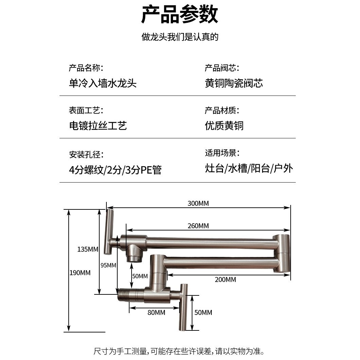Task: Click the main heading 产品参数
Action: (x=179, y=15)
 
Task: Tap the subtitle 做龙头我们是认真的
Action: (x=179, y=37)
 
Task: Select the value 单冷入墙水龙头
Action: (x=103, y=83)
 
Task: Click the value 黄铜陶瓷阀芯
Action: (x=234, y=83)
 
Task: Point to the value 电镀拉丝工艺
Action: (x=98, y=126)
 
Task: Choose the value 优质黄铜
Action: (x=224, y=126)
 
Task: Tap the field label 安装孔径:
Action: (x=86, y=155)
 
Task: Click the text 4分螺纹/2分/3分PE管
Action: (x=115, y=170)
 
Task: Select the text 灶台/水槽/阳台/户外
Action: (x=249, y=168)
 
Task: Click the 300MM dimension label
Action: (x=198, y=204)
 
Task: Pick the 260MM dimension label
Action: (x=198, y=226)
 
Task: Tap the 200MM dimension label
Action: (x=225, y=280)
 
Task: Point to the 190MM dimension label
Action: (x=80, y=273)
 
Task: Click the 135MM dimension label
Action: (x=88, y=249)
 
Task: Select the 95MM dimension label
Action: (x=108, y=265)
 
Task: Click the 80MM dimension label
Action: (x=156, y=312)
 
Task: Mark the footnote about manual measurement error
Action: (x=179, y=351)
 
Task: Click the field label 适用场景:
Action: (x=222, y=153)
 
